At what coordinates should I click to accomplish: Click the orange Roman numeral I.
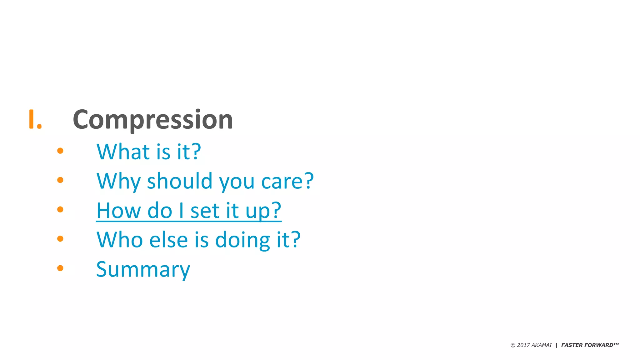point(35,119)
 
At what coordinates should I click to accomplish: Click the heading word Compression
point(153,120)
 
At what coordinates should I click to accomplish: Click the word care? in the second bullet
point(287,181)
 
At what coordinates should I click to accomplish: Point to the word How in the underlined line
point(119,210)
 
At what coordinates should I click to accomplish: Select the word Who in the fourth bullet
point(120,240)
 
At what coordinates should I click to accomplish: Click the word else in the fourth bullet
point(169,240)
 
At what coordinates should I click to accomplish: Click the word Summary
point(143,269)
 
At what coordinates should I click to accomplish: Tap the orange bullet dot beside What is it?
point(60,151)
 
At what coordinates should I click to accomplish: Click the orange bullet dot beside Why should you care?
point(60,180)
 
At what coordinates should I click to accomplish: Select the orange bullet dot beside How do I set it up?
point(60,209)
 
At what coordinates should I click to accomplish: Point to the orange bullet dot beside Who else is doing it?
point(60,239)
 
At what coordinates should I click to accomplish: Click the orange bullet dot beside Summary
point(60,268)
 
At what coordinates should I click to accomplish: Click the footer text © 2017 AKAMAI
point(531,345)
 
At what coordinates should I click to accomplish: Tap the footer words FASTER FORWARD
point(587,345)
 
